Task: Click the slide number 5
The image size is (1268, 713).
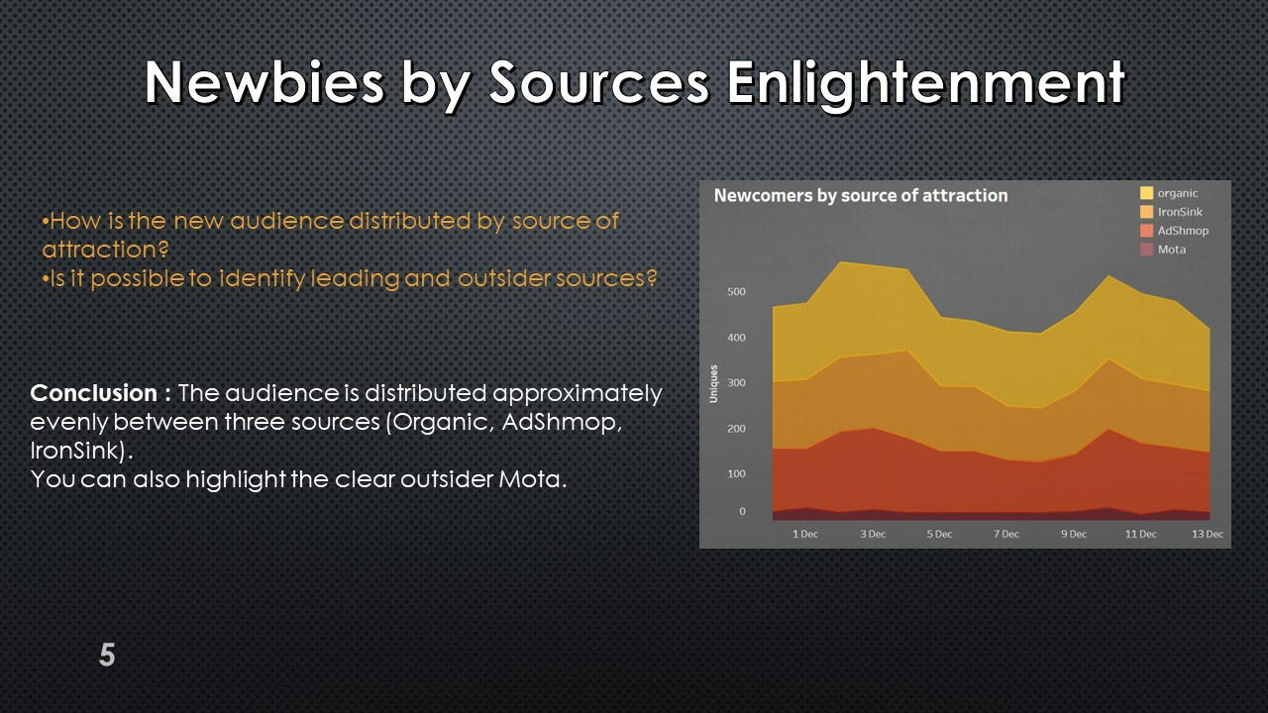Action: pos(107,655)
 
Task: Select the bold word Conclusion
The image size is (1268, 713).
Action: pos(94,393)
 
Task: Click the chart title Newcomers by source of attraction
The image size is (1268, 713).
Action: pos(861,195)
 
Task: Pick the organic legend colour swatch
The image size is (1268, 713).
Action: pos(1146,193)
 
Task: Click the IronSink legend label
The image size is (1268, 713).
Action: pos(1180,212)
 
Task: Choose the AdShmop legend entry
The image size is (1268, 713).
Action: pos(1174,231)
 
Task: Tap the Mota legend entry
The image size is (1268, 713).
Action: pos(1163,249)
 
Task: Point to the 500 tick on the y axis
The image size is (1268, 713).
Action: pos(736,291)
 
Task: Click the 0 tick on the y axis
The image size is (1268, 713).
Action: pos(742,511)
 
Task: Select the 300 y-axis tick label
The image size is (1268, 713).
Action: pos(736,382)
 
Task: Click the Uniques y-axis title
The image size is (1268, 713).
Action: pos(713,383)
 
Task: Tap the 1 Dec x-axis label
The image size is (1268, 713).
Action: pos(805,534)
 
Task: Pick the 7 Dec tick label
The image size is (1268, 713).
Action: pos(1005,534)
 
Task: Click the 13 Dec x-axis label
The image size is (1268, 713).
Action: pos(1208,534)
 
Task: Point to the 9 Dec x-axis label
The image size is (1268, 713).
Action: pos(1074,534)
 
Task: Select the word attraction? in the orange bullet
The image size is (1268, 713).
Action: pos(105,249)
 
